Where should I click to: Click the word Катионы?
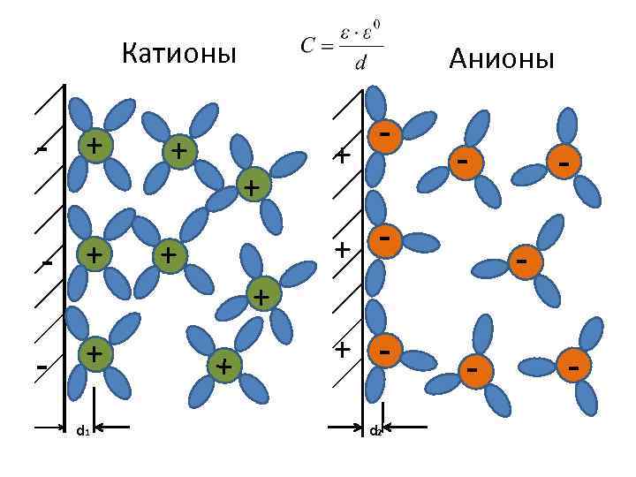click(179, 55)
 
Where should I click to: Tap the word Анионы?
click(501, 59)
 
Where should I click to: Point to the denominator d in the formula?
click(360, 63)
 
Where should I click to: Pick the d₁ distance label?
click(82, 430)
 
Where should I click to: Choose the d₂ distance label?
click(375, 431)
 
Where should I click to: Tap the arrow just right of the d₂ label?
click(402, 428)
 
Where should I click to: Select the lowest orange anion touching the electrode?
click(383, 351)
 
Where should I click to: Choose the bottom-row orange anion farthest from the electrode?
click(573, 365)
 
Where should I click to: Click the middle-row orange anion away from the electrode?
click(523, 262)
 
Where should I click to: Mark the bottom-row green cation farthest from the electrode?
click(224, 366)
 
